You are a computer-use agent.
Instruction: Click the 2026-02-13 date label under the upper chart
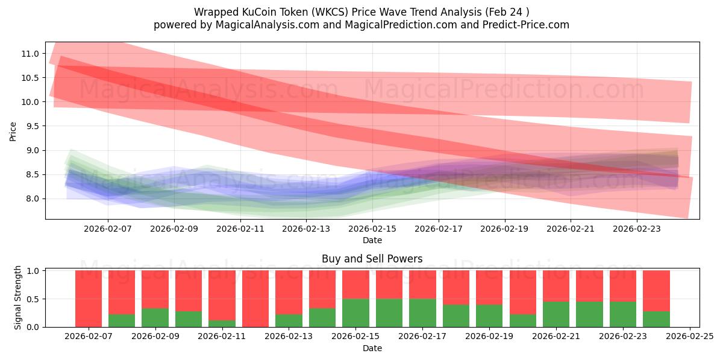tap(306, 229)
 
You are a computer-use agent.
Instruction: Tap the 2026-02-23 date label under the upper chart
tap(637, 229)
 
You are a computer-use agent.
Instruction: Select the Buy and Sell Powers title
tap(372, 259)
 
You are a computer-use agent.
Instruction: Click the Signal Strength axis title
tap(18, 297)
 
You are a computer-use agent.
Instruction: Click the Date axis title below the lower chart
tap(372, 348)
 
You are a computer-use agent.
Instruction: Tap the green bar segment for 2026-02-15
tap(355, 313)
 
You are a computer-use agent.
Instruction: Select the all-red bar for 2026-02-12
tap(255, 299)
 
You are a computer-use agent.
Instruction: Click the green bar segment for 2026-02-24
tap(656, 319)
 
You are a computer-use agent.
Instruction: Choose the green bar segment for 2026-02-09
tap(155, 318)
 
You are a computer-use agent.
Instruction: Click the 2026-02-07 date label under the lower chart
tap(89, 337)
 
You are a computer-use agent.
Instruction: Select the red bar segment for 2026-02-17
tap(422, 284)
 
